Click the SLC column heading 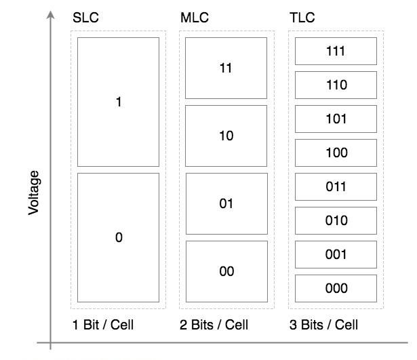85,18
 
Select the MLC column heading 194,18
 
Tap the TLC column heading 302,18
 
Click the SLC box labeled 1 118,102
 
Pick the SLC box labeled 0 118,237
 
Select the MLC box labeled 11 226,68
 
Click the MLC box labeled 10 226,136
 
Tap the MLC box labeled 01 226,203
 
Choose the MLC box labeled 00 226,271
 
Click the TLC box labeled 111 336,51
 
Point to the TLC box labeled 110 336,85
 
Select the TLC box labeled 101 336,119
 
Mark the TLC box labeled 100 336,153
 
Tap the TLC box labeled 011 336,186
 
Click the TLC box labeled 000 336,288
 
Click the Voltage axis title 35,193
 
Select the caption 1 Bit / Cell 103,325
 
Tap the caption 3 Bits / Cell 323,325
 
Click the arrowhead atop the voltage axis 51,14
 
